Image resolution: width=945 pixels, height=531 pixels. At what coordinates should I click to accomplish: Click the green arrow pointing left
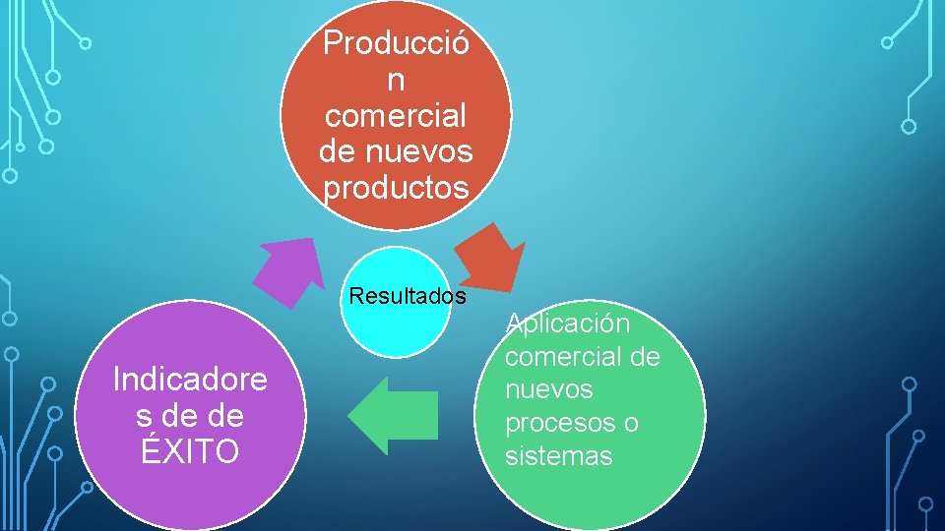[x=392, y=415]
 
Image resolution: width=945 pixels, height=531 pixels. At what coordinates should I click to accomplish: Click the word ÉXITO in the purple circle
[x=190, y=452]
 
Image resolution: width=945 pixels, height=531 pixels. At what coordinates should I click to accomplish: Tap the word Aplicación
[x=568, y=324]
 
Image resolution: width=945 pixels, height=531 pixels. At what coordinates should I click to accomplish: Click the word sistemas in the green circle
[x=558, y=456]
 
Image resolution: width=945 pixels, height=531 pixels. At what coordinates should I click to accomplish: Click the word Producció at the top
[x=397, y=42]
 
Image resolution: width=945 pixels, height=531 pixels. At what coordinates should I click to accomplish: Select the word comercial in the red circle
[x=396, y=115]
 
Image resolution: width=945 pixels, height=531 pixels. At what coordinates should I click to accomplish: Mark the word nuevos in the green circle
[x=549, y=389]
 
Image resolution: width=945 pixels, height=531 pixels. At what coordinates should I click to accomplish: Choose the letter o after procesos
[x=630, y=423]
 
